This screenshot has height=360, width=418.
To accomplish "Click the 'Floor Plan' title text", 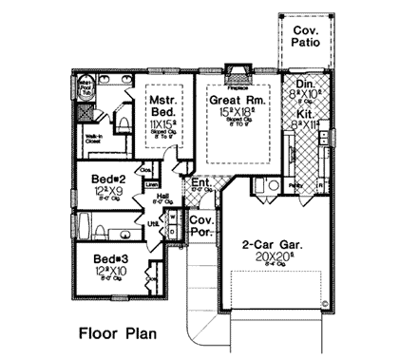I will pyautogui.click(x=117, y=334).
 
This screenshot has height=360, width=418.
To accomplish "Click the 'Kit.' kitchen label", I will pyautogui.click(x=303, y=111).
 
